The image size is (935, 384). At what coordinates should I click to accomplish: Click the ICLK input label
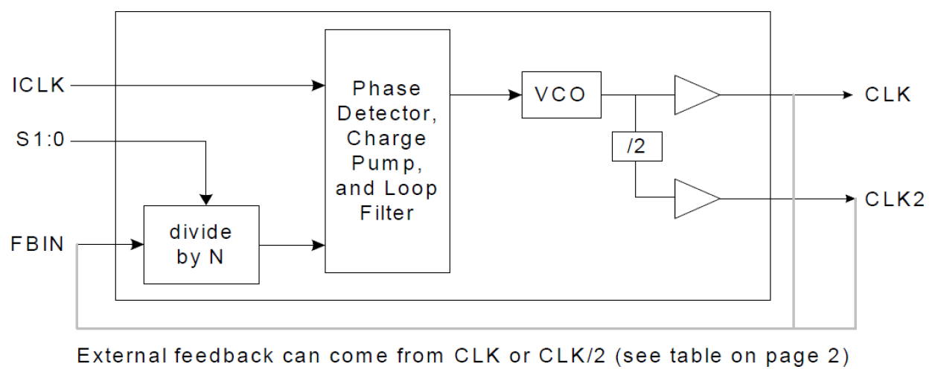(x=39, y=86)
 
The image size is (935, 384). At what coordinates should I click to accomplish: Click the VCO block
(x=561, y=95)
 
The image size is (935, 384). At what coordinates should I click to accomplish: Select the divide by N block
(x=201, y=244)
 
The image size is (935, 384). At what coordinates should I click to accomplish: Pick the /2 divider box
(x=635, y=147)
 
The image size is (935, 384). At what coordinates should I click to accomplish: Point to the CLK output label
(x=887, y=95)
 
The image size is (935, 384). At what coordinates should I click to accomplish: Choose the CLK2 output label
(x=894, y=199)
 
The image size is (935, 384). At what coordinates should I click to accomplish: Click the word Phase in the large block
(x=386, y=89)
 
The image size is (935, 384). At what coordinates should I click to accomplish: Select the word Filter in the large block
(x=386, y=214)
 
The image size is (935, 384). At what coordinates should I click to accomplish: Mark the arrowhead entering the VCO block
(x=515, y=95)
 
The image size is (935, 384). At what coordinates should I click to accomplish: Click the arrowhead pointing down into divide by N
(x=206, y=199)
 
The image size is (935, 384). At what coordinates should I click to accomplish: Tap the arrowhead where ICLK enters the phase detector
(x=319, y=86)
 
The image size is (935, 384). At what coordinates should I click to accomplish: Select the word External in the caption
(x=122, y=356)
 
